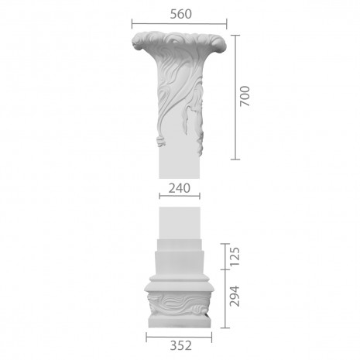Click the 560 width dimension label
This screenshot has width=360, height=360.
(180, 14)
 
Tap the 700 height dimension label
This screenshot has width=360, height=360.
(245, 96)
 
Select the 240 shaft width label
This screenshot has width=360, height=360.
(180, 188)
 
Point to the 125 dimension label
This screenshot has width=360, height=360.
(235, 256)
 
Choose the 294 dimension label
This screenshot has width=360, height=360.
(235, 296)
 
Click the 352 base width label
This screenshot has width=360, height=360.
(180, 345)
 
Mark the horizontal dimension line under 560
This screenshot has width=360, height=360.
(179, 24)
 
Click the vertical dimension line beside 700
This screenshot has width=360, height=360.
(235, 97)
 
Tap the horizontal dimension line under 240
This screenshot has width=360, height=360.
(180, 196)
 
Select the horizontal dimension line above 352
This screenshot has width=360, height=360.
(179, 337)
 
